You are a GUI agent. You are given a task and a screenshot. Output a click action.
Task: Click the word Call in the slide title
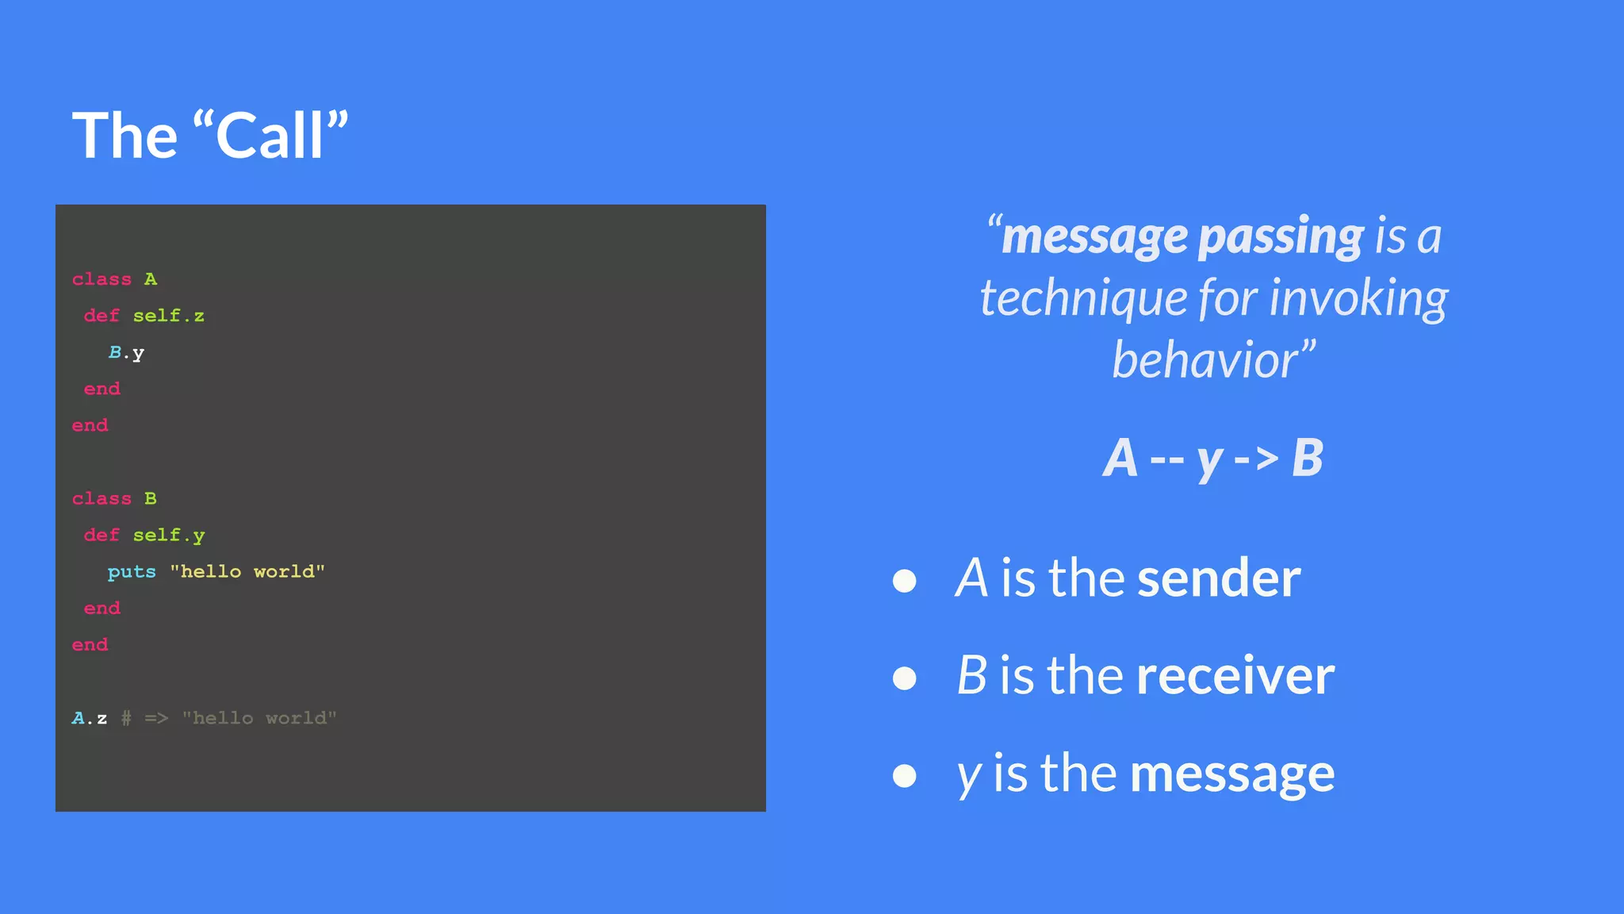270,136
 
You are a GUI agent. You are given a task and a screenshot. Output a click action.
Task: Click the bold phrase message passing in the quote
1182,236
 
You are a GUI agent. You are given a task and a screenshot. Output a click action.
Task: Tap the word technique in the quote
1082,298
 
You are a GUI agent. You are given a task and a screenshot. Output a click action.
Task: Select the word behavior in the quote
1205,360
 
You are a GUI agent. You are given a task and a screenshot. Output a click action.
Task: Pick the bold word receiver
1235,676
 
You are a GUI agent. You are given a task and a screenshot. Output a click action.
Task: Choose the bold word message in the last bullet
1232,774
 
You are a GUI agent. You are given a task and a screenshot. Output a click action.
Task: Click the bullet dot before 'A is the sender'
905,581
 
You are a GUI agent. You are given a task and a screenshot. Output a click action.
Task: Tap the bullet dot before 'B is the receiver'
905,678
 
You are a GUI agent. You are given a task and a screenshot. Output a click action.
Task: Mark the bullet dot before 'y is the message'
905,776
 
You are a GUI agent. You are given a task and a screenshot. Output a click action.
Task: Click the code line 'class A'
115,279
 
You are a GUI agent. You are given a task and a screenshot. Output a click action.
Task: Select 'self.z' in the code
168,316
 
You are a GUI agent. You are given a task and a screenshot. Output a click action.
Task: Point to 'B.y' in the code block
126,353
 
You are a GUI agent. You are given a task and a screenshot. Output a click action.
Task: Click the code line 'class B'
115,498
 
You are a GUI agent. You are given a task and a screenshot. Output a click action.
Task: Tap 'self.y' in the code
168,536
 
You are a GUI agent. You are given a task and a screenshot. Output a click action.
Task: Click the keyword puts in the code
132,572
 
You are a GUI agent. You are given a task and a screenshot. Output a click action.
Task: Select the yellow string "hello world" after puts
247,572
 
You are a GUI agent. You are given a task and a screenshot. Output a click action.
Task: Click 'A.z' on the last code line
90,719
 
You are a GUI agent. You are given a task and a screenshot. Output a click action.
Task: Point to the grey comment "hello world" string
259,719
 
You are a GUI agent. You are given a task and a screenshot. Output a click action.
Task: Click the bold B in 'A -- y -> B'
1308,459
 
